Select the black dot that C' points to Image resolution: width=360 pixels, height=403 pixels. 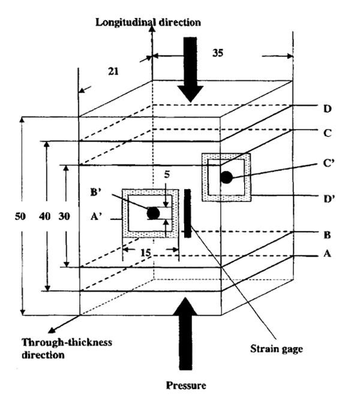tap(226, 177)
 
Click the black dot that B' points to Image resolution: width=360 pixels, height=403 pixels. tap(153, 213)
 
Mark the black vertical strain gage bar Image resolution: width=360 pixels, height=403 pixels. tap(188, 213)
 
